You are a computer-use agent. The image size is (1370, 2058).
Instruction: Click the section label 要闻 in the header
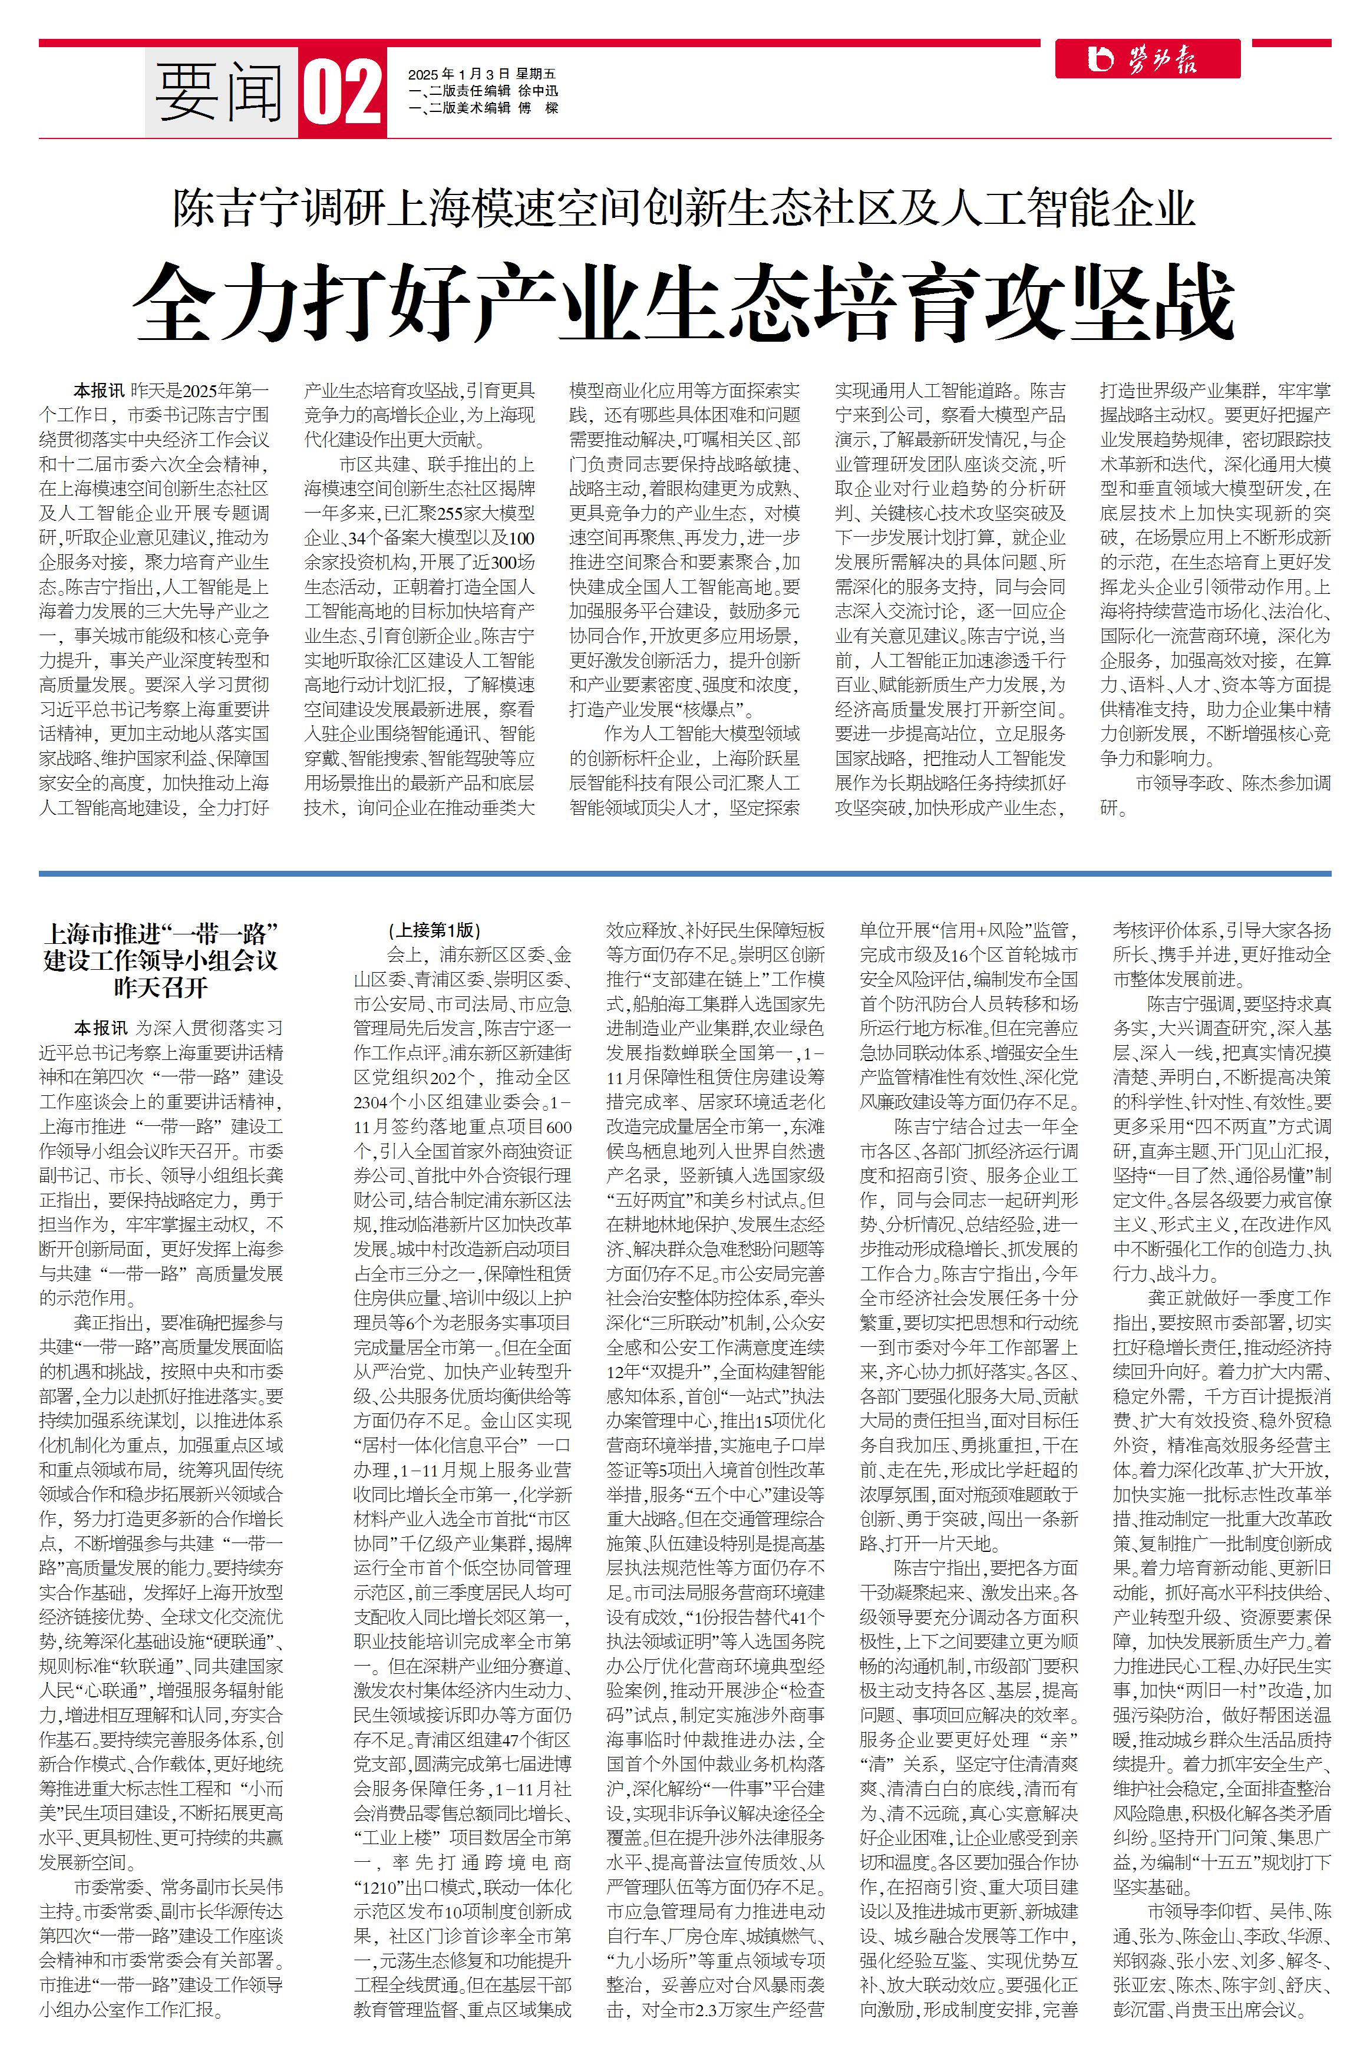[220, 93]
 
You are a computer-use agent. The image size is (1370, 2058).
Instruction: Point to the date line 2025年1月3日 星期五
[481, 74]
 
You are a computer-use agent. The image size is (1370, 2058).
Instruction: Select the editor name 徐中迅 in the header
[537, 91]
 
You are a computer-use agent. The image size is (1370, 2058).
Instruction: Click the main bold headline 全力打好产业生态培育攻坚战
[684, 302]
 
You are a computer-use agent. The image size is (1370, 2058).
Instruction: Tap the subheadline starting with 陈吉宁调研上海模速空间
[684, 209]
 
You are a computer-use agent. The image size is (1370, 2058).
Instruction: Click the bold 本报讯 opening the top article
[99, 391]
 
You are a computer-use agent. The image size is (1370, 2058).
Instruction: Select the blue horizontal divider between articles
[685, 873]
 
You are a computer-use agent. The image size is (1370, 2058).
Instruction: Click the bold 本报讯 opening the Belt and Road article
[99, 1028]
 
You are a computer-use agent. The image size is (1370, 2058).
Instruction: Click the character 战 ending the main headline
[1189, 302]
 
